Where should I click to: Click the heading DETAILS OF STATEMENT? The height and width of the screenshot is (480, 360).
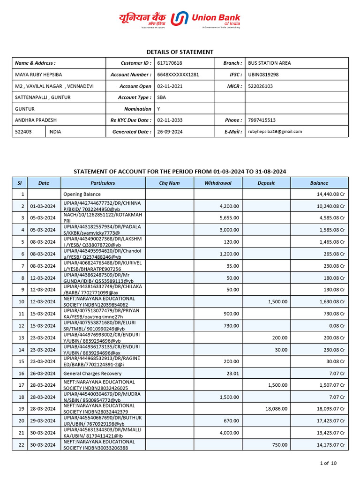(180, 52)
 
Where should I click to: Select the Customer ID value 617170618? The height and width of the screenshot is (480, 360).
(170, 63)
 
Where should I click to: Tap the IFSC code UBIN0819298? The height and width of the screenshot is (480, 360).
(263, 75)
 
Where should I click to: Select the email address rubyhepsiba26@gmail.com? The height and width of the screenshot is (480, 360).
(275, 132)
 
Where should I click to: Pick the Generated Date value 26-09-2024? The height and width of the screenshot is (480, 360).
(170, 132)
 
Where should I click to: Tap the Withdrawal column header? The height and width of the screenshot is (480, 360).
(218, 183)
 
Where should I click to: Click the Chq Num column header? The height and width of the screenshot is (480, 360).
(169, 183)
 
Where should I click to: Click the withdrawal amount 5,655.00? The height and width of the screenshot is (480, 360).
(229, 218)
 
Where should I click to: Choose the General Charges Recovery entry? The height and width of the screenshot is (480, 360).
(92, 374)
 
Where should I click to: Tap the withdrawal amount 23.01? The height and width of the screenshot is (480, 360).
(232, 374)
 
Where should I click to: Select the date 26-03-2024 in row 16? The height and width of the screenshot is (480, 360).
(43, 374)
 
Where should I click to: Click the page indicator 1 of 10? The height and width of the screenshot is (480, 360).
(328, 464)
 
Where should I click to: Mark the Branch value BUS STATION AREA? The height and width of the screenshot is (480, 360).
(269, 63)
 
